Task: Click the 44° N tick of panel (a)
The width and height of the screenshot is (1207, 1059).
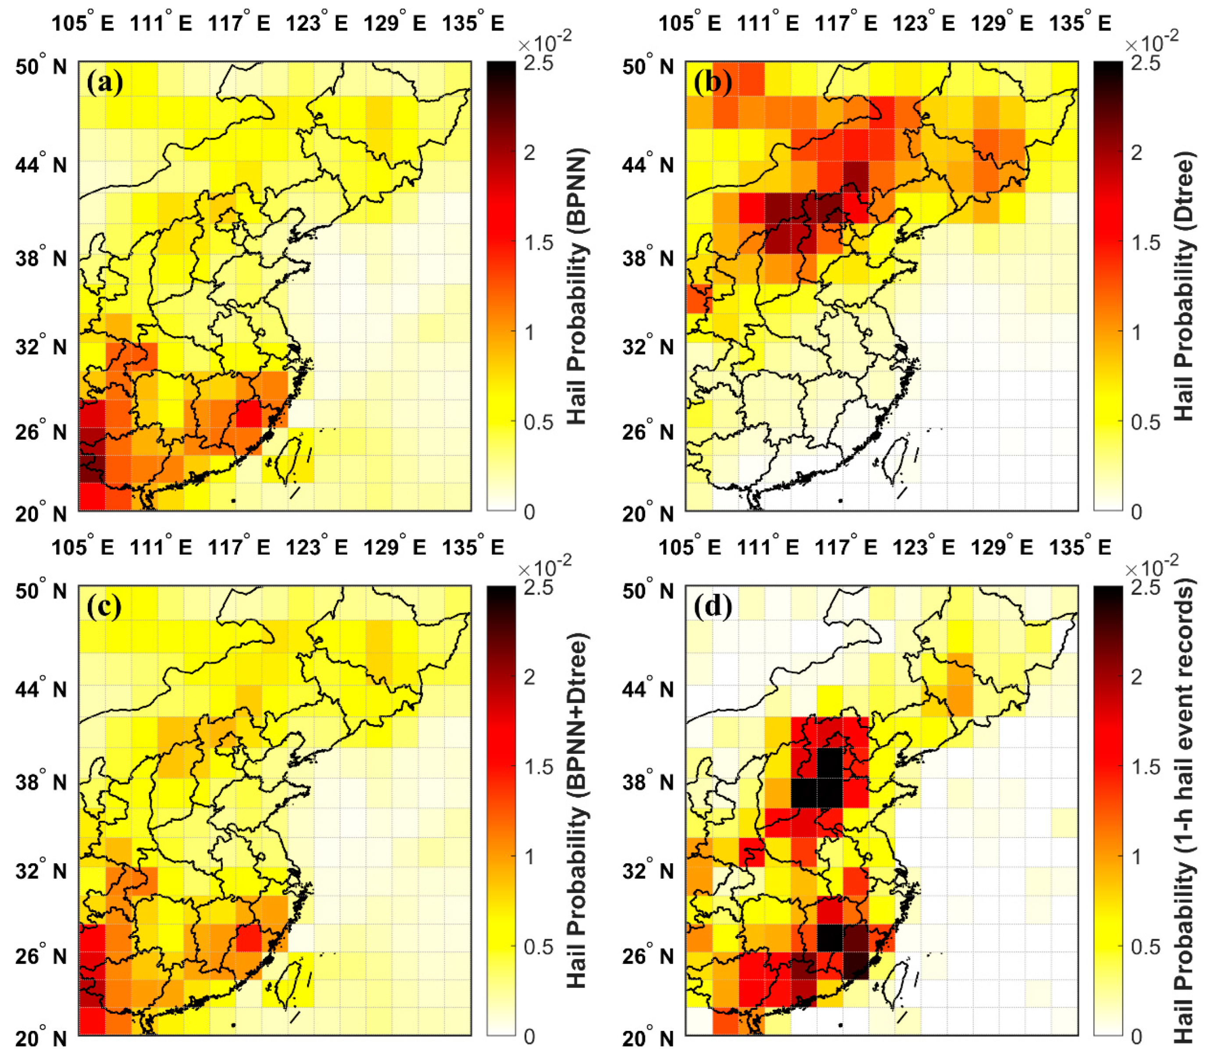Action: click(41, 164)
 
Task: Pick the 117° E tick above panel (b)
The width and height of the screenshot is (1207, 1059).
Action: click(846, 24)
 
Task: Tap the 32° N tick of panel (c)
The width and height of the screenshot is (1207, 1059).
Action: click(41, 871)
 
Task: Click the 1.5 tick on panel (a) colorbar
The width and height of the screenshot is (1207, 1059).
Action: click(538, 242)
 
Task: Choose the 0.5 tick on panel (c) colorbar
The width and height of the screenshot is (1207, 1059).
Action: click(538, 947)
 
